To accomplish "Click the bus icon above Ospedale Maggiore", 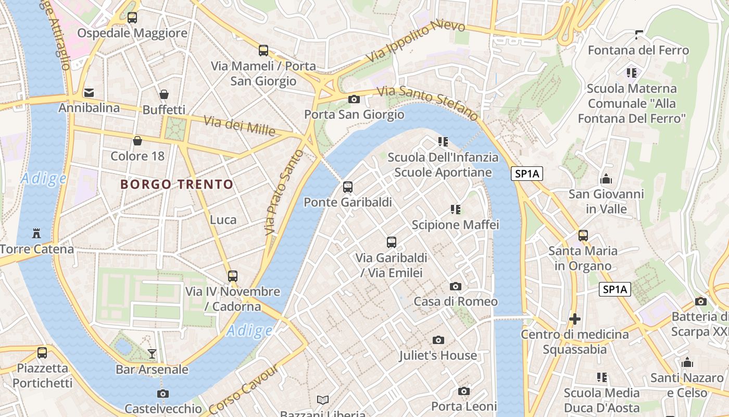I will coord(132,18).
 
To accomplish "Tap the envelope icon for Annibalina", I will coord(89,93).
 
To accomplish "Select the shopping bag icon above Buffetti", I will coord(164,94).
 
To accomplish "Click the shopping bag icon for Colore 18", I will coord(137,141).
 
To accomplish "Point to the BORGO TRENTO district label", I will coord(177,185).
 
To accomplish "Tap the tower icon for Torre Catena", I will coord(36,233).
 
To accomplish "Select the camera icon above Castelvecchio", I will coord(163,394).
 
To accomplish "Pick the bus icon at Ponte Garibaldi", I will coord(348,187).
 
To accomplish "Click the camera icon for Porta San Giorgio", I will coord(354,99).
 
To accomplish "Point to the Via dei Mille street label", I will coord(239,126).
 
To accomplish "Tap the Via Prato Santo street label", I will coord(283,192).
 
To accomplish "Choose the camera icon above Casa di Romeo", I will coord(456,286).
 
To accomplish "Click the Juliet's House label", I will coord(438,355).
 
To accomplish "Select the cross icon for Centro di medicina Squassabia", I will coord(575,318).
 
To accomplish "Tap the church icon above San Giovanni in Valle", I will coord(606,179).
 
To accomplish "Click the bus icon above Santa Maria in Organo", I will coord(583,236).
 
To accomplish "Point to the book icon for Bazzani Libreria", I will coord(323,400).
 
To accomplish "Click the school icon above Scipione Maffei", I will coord(456,210).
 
